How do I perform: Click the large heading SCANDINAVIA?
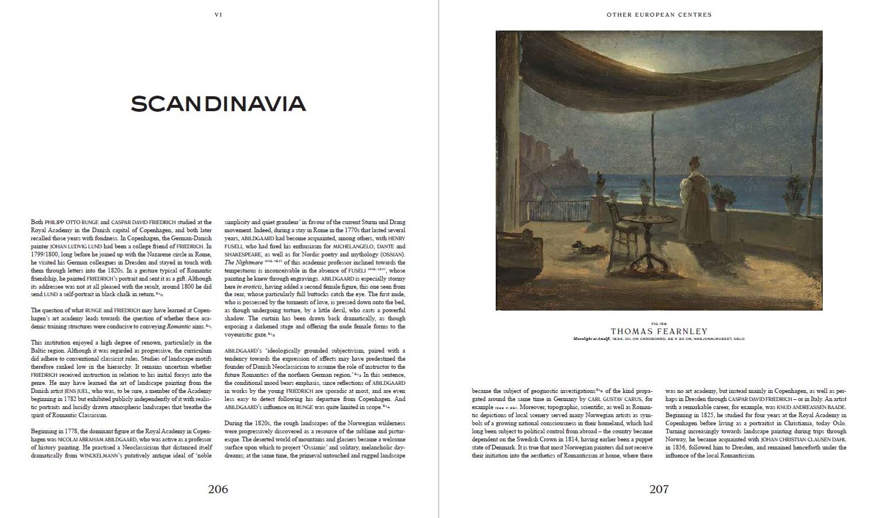[x=218, y=104]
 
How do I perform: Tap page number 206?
[x=218, y=489]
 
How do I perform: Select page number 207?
[x=659, y=489]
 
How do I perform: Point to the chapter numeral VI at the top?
[x=218, y=15]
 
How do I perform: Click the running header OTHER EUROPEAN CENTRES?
[x=659, y=15]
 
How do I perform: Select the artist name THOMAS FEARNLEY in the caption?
[x=659, y=331]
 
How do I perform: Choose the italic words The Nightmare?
[x=241, y=263]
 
